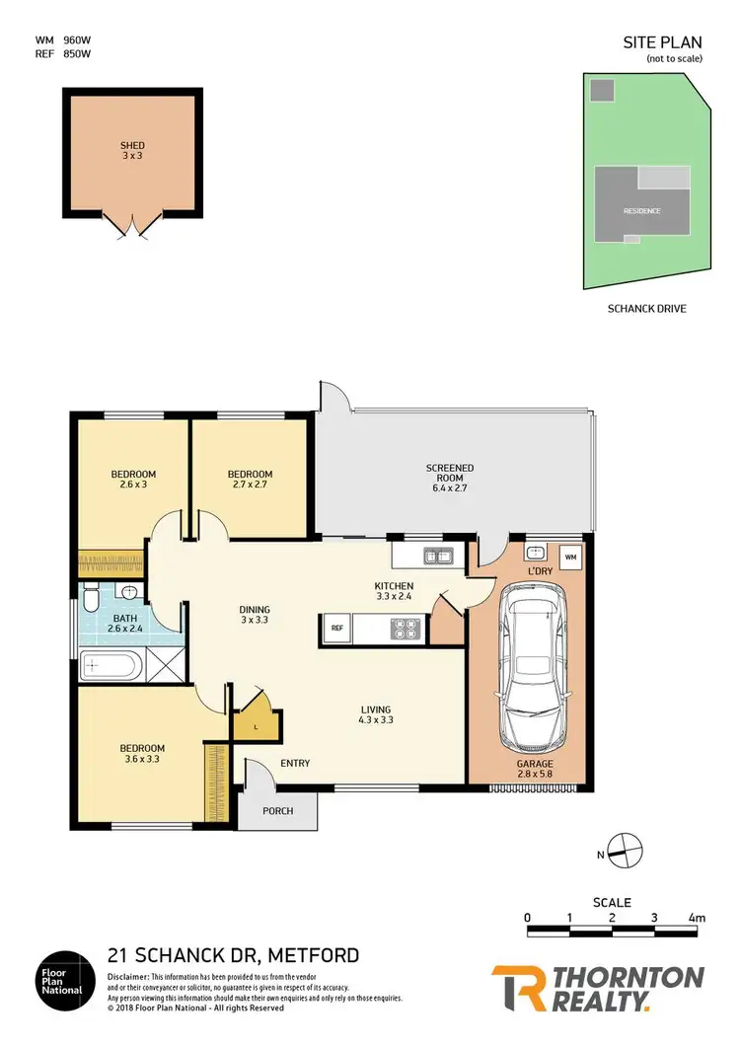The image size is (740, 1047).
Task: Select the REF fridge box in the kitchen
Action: pos(336,628)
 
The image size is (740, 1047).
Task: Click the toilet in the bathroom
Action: pos(92,600)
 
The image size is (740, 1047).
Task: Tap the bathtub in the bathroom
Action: pos(110,666)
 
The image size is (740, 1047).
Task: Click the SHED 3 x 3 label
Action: pos(132,151)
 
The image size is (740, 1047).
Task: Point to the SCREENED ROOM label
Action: pos(450,478)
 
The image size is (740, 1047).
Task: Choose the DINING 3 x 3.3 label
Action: pos(255,615)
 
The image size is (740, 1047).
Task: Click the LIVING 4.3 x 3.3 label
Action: pos(376,715)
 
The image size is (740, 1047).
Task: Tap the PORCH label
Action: pos(278,811)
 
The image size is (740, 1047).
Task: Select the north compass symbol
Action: pos(624,847)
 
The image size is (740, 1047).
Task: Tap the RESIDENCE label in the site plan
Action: pos(641,211)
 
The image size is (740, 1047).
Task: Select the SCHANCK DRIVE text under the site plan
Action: pos(645,309)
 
